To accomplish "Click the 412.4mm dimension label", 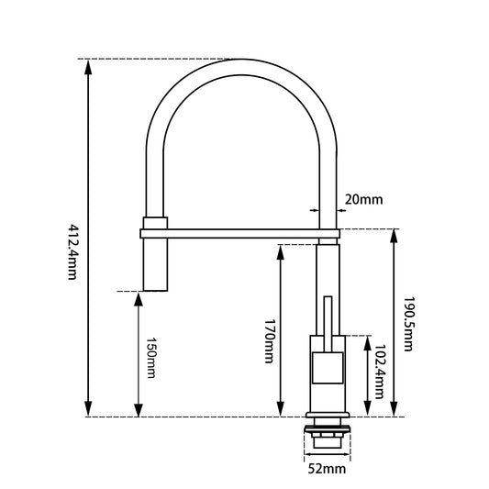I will (72, 251).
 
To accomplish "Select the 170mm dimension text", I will (269, 341).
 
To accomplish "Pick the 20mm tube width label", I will (364, 199).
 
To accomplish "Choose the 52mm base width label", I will (328, 470).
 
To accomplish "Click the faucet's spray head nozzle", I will (154, 266).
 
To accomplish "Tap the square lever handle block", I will (327, 367).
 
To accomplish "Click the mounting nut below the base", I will (328, 438).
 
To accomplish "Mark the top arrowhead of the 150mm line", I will (138, 297).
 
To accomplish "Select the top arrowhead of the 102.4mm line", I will (367, 339).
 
